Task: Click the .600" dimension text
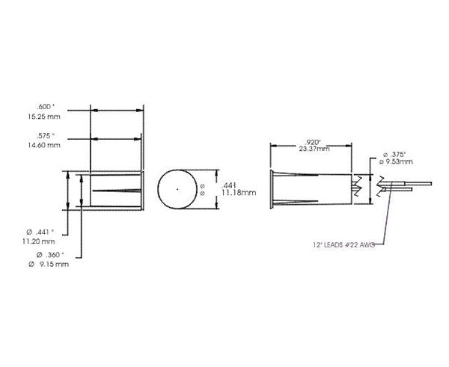click(x=46, y=106)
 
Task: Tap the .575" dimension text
click(x=46, y=135)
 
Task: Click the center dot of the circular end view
click(x=177, y=190)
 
